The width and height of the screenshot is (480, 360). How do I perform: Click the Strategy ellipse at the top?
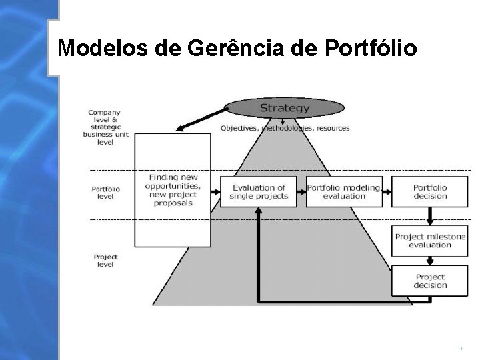285,107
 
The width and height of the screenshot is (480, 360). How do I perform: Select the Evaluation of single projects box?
259,192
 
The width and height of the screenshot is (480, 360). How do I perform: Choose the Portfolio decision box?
429,192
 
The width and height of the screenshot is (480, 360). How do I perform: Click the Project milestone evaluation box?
429,241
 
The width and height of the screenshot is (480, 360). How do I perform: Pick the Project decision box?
429,281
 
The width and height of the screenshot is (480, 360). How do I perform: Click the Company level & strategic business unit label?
105,127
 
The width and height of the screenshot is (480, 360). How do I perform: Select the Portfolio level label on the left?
105,193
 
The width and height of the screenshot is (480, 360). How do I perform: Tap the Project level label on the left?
105,261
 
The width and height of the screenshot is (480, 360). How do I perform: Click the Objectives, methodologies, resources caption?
285,128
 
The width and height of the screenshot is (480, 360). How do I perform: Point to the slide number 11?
460,349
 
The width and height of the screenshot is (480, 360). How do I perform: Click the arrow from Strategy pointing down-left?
200,119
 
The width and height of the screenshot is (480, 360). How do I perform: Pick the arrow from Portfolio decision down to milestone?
429,215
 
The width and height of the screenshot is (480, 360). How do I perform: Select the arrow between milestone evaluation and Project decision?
429,260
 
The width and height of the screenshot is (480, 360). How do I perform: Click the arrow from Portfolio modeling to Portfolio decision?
387,192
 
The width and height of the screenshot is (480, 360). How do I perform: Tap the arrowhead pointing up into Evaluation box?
259,211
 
